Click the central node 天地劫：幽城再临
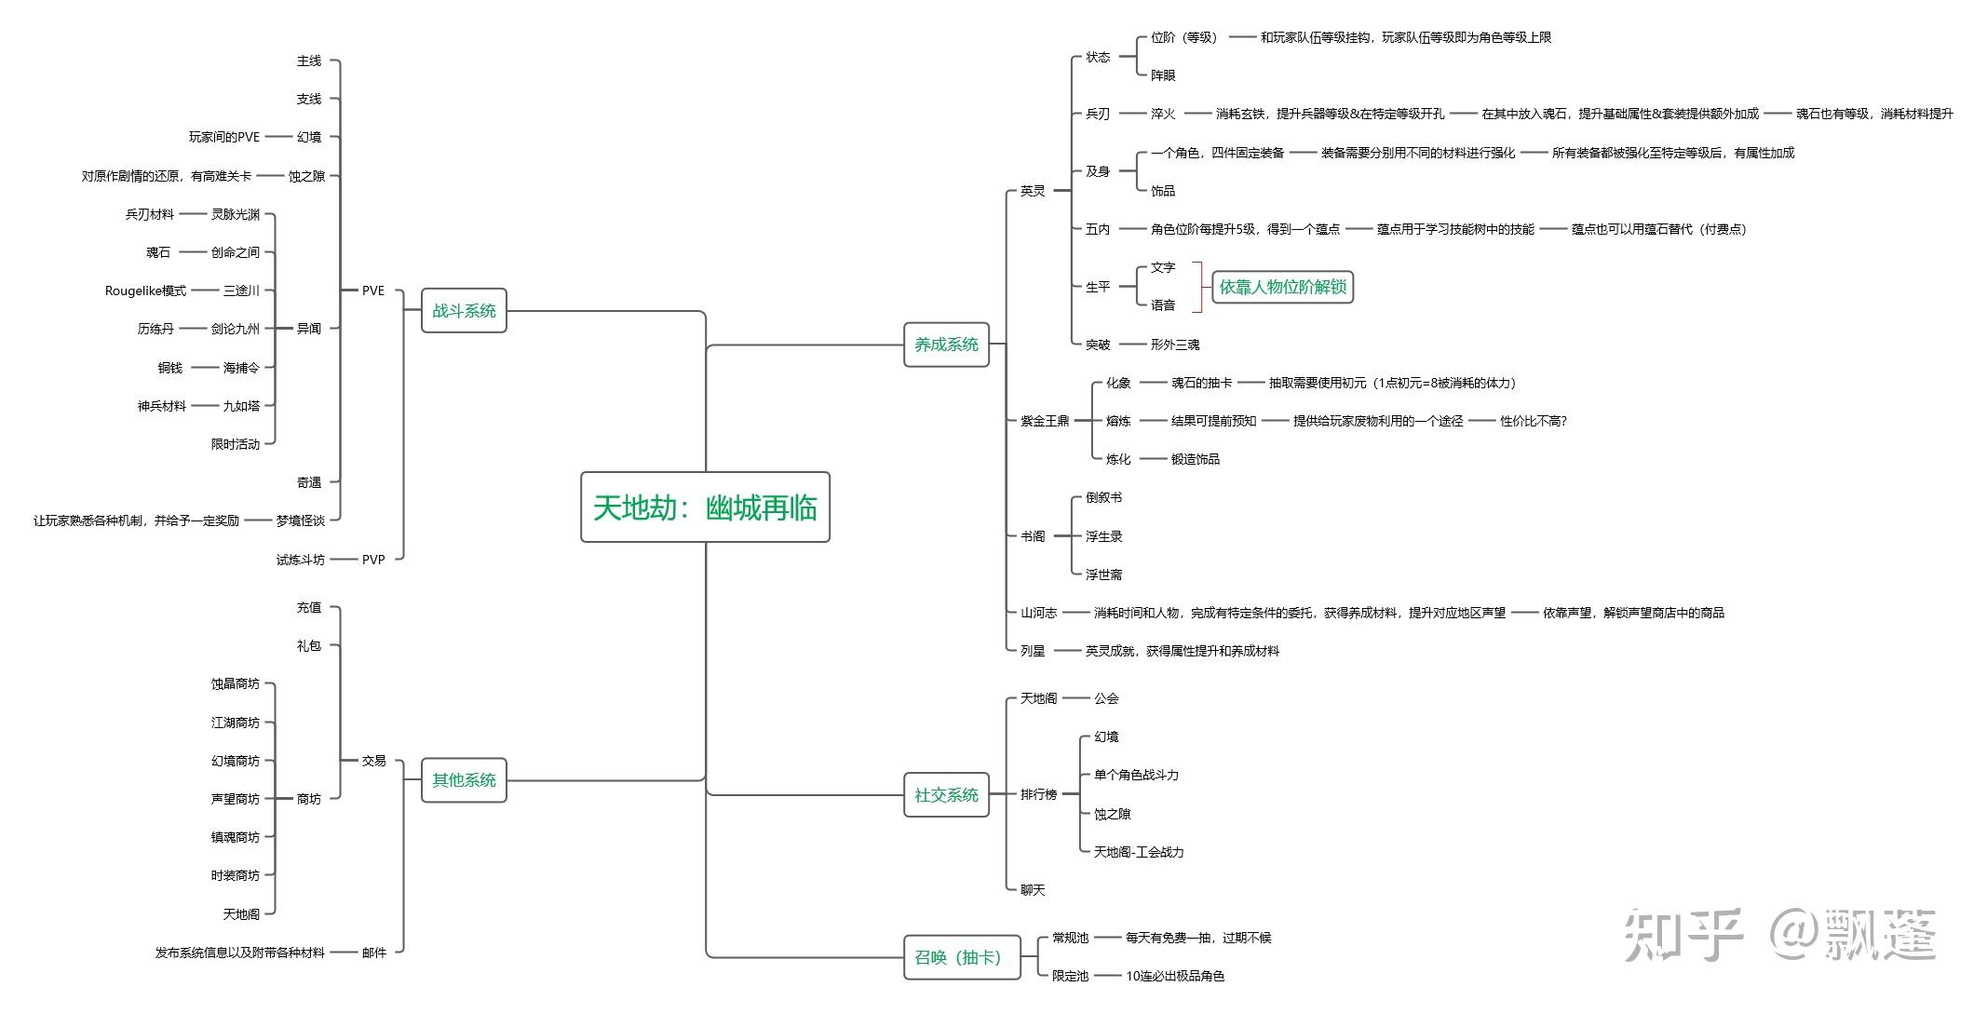click(x=705, y=507)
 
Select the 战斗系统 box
click(x=464, y=311)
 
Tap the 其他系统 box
click(x=464, y=780)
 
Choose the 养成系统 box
click(x=946, y=345)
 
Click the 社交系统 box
click(x=946, y=795)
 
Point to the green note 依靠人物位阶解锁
click(x=1282, y=287)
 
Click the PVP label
click(x=373, y=560)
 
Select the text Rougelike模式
click(x=145, y=291)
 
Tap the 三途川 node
click(x=241, y=291)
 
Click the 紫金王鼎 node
click(x=1045, y=421)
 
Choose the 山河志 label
click(x=1038, y=613)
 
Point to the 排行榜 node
click(x=1038, y=794)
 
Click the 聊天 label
click(x=1033, y=890)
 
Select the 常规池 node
click(x=1070, y=938)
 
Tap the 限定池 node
click(x=1070, y=976)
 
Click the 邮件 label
click(x=373, y=953)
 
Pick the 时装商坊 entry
click(x=235, y=875)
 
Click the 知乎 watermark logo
click(x=1683, y=935)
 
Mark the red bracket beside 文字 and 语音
click(x=1197, y=287)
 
